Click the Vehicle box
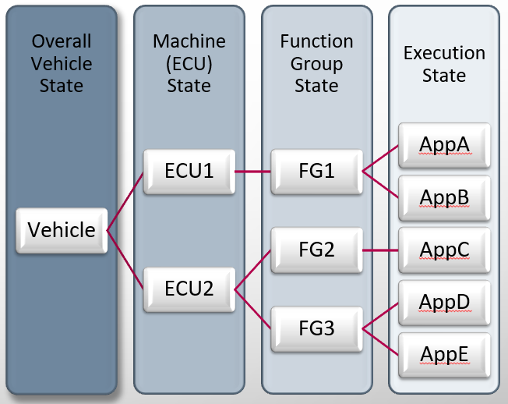(62, 231)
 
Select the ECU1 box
(189, 172)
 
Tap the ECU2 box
(189, 289)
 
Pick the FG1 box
(316, 172)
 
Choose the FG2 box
(316, 250)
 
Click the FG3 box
(316, 329)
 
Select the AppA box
(444, 145)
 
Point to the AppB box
(444, 198)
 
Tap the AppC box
(444, 250)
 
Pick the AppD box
(444, 303)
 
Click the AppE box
(444, 355)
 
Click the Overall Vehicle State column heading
(62, 63)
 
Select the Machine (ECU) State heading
(189, 63)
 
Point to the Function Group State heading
(316, 63)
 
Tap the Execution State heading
(444, 64)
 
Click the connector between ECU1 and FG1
(252, 172)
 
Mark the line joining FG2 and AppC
(380, 250)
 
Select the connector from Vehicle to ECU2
(125, 260)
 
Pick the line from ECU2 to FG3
(252, 309)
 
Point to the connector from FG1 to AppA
(380, 158)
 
